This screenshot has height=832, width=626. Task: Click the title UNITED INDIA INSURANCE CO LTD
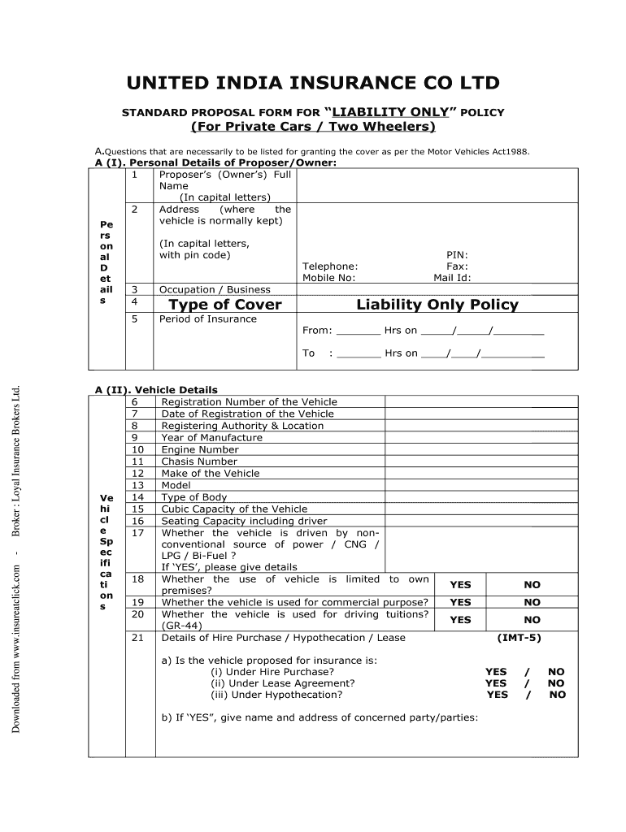click(x=312, y=84)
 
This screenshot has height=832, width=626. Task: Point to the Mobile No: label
click(x=328, y=277)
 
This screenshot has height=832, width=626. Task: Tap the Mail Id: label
click(x=452, y=277)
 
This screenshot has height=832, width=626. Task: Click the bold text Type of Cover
click(x=224, y=305)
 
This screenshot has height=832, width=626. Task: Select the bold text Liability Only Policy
click(x=437, y=305)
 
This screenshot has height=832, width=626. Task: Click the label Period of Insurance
click(x=207, y=319)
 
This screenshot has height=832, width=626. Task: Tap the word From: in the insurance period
click(x=317, y=331)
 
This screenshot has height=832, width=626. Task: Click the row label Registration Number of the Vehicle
click(x=249, y=402)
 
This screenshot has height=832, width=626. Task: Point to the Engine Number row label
click(x=200, y=449)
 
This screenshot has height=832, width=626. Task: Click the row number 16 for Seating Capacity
click(x=137, y=521)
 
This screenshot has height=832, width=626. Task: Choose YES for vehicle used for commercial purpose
click(x=460, y=602)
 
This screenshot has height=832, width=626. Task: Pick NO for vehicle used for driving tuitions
click(x=532, y=620)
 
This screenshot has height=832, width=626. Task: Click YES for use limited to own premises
click(x=460, y=585)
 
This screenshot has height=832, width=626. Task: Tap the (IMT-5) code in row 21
click(x=519, y=638)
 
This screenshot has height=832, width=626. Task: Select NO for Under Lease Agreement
click(x=556, y=683)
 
